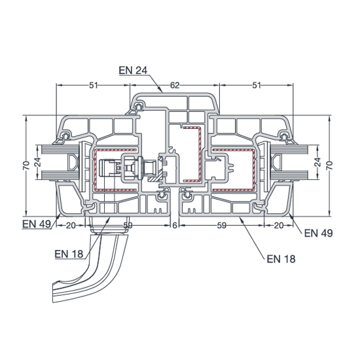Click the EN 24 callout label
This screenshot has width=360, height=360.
[x=133, y=70]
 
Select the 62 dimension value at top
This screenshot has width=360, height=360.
[x=175, y=85]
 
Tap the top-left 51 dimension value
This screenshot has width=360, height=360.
[x=94, y=85]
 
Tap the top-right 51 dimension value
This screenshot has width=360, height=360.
[x=257, y=85]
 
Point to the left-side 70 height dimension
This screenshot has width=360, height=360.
[x=26, y=166]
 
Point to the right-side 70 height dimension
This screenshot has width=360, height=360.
[x=329, y=166]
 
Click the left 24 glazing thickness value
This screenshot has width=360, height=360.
[x=39, y=162]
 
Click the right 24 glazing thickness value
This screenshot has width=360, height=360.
[x=317, y=162]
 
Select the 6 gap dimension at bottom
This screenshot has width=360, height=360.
[x=175, y=226]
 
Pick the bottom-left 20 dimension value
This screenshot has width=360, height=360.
[x=71, y=226]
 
